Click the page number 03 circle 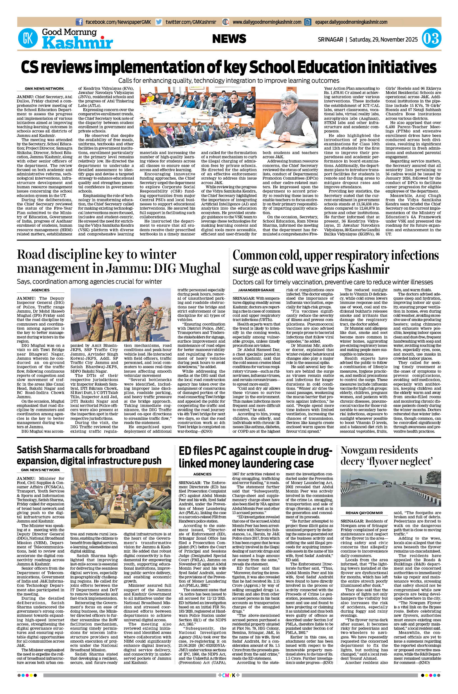(431, 39)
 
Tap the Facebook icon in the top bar (79, 22)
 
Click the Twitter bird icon (159, 22)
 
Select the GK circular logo (28, 39)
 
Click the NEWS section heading (229, 39)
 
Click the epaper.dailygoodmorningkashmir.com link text (351, 22)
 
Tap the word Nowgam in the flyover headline (358, 450)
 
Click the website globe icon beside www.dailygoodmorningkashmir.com (226, 22)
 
